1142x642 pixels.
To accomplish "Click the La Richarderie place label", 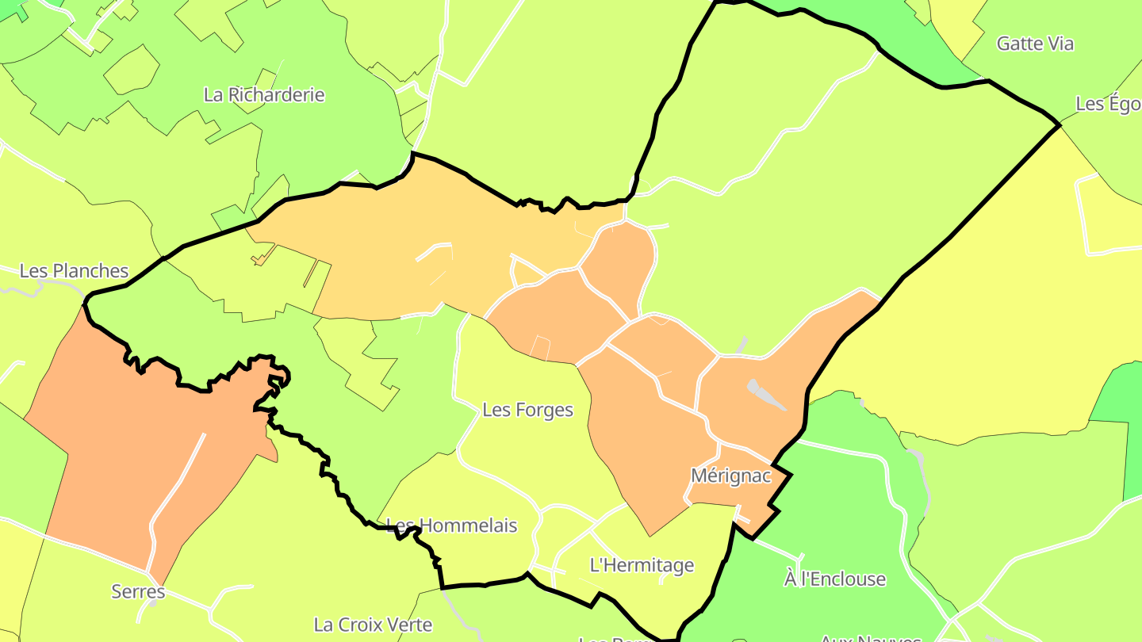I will coord(264,95).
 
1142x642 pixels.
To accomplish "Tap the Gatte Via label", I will coord(1035,44).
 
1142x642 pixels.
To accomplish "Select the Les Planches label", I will coord(74,271).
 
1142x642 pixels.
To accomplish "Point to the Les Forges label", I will coord(527,410).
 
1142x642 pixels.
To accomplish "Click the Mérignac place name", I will coord(730,476).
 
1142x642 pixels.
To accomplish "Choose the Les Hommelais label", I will coord(451,525).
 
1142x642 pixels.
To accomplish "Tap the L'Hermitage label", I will coord(642,565).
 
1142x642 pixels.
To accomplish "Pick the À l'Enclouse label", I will coord(834,579).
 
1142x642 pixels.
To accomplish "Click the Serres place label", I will coord(138,591).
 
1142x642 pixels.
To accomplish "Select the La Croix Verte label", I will coord(373,625).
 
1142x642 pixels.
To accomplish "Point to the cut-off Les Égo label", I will coord(1108,104).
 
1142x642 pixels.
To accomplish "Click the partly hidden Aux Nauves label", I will coord(869,638).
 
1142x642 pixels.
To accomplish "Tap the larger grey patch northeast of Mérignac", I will coord(766,394).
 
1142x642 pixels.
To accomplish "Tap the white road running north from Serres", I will coord(176,491).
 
